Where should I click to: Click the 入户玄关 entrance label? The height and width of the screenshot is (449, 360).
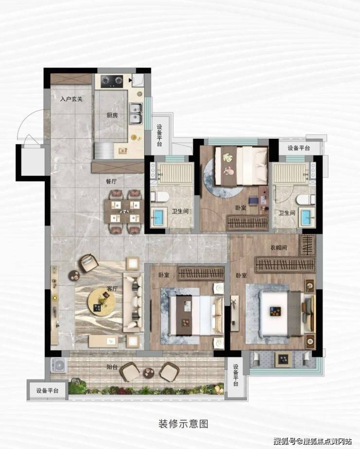tap(72, 99)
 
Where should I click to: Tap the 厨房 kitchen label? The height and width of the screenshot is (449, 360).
tap(112, 115)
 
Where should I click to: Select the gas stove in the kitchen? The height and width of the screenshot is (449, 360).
tap(112, 81)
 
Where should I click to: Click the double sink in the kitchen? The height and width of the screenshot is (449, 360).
tap(136, 113)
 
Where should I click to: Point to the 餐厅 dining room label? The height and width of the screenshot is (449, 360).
tap(111, 181)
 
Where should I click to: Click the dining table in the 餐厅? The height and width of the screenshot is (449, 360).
tap(124, 212)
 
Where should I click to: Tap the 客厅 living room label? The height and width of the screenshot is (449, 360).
tap(112, 289)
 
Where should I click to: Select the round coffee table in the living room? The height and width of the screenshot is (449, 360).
tap(102, 302)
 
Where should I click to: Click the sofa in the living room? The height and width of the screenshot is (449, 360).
tap(133, 302)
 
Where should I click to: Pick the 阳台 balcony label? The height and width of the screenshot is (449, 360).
tap(112, 367)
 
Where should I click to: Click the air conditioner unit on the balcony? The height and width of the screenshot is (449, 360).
tap(59, 365)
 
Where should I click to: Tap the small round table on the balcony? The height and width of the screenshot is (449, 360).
tap(148, 372)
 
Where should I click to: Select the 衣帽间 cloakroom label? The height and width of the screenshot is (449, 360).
tap(279, 248)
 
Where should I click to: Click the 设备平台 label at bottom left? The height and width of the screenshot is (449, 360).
tap(48, 390)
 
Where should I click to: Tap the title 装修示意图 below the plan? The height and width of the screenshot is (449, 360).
tap(183, 424)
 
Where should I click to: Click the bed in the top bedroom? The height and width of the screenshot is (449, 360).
tap(241, 166)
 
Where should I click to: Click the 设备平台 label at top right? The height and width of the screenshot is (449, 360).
tap(299, 148)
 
